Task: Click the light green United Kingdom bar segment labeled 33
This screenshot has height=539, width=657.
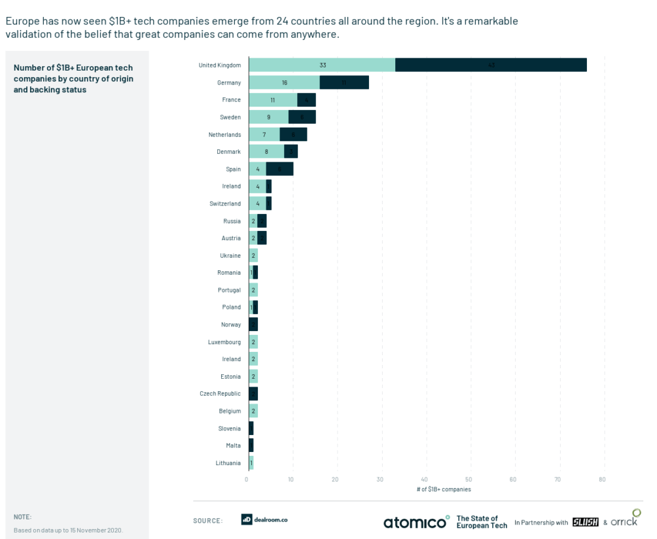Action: click(322, 65)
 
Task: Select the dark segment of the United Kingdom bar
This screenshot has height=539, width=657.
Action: click(491, 65)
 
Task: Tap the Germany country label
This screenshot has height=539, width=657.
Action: click(229, 82)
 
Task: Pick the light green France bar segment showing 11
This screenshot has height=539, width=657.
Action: click(273, 100)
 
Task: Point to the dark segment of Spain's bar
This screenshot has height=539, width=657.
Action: click(280, 169)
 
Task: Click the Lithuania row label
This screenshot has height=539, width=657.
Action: click(228, 463)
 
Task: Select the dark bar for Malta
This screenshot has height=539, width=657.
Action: click(251, 445)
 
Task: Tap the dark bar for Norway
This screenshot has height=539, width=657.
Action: click(253, 324)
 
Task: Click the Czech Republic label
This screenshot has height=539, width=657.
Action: click(221, 394)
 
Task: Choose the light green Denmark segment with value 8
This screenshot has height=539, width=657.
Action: click(266, 152)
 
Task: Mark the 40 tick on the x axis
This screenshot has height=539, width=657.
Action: click(425, 479)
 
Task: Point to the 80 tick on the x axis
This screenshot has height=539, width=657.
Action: click(602, 479)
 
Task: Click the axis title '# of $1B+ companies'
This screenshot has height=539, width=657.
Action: click(444, 489)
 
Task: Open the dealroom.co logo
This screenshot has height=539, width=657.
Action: click(264, 519)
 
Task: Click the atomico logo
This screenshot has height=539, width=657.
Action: click(416, 522)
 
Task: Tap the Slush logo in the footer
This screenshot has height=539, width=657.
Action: click(585, 522)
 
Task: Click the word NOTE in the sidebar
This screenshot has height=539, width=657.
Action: click(22, 517)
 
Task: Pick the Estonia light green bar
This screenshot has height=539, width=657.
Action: click(253, 376)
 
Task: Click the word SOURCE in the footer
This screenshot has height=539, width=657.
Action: click(207, 521)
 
